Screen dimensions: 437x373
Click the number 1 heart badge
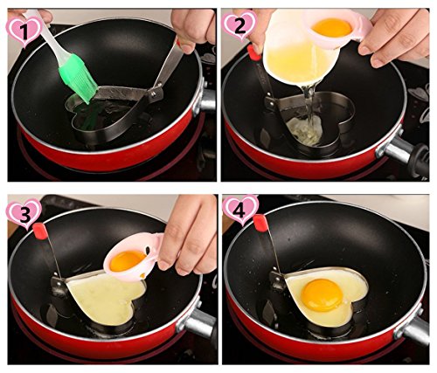coord(24,31)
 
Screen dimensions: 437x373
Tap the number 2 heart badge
coord(239,25)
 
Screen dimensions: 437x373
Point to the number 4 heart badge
coord(240,211)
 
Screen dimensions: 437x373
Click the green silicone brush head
coord(78,79)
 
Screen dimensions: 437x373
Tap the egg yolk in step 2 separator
coord(332,27)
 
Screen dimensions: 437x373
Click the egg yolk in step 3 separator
coord(127,260)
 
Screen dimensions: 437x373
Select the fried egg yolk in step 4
coord(322,294)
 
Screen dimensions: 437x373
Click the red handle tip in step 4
coord(260,223)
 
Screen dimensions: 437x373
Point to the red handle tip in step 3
coord(40,231)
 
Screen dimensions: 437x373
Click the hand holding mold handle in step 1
coord(193,28)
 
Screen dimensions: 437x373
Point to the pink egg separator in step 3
coord(134,259)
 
